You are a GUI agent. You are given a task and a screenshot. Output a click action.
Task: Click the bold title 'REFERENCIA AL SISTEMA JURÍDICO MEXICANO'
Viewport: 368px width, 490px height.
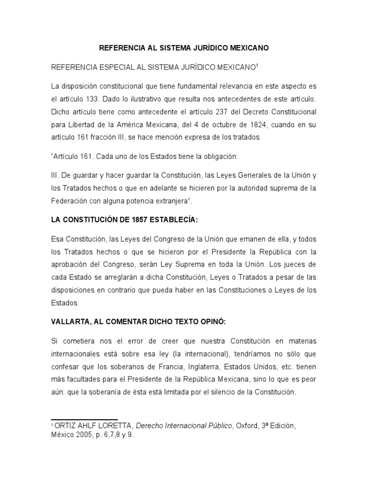tap(184, 48)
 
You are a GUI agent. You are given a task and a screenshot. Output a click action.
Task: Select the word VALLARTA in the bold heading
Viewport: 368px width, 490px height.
tap(70, 322)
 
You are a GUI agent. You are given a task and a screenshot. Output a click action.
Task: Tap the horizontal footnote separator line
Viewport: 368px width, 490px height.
tap(84, 406)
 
